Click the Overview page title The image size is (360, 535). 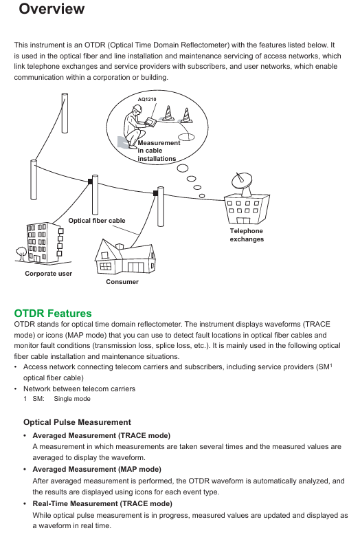(x=52, y=8)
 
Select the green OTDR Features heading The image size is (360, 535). (x=53, y=313)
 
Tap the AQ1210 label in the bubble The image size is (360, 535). (x=147, y=99)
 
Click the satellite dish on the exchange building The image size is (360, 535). (x=242, y=183)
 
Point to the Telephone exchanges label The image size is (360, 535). (x=247, y=235)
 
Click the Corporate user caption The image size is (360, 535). (x=48, y=274)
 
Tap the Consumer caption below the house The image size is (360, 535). (x=122, y=282)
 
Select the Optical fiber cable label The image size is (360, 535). (x=97, y=221)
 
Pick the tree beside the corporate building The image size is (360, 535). (x=21, y=253)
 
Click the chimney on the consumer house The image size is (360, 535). (x=120, y=246)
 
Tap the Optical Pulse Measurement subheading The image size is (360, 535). (x=77, y=422)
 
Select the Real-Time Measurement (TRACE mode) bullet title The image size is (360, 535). (x=102, y=503)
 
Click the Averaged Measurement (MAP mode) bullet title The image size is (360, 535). (x=97, y=470)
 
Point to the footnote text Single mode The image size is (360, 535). (x=72, y=399)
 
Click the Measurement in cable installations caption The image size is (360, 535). (x=159, y=151)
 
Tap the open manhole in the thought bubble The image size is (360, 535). (x=186, y=137)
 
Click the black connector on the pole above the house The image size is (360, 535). (x=155, y=193)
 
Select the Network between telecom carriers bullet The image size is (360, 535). (x=79, y=389)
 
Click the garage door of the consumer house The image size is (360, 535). (x=135, y=267)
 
